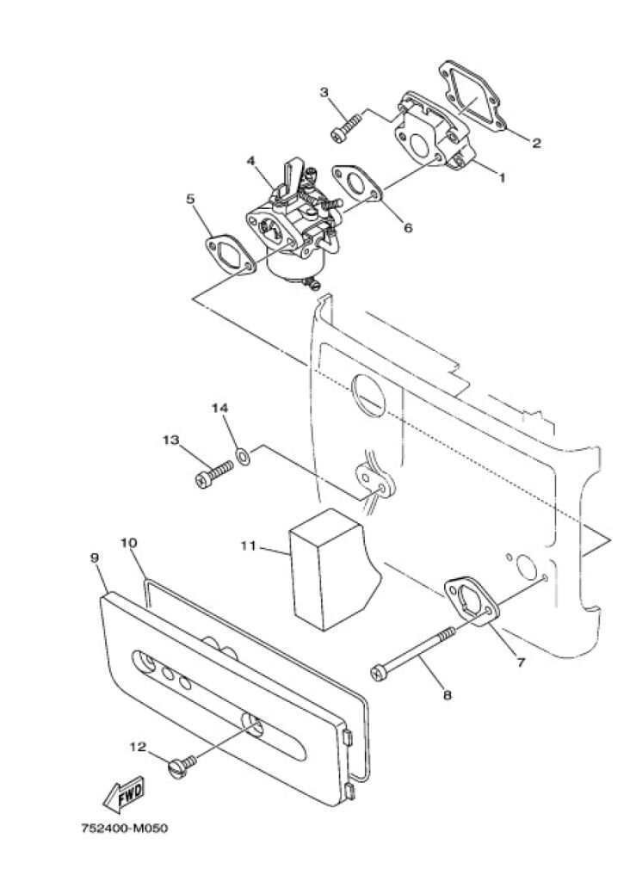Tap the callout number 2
pos(535,143)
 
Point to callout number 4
pos(250,160)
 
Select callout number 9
pos(94,558)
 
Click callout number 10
pos(128,543)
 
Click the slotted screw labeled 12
pos(182,764)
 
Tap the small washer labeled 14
pos(244,454)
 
